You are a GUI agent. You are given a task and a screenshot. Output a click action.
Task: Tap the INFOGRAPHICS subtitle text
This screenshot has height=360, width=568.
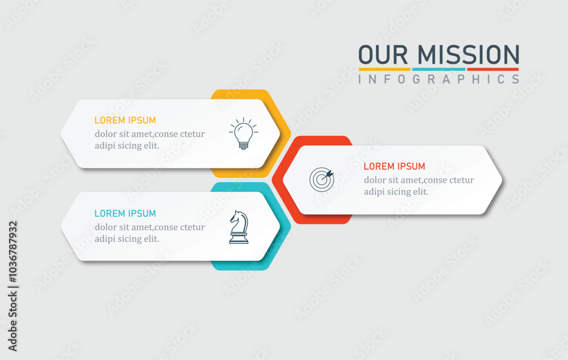click(438, 79)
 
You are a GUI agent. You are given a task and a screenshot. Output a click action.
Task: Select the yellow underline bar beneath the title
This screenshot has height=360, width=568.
click(385, 69)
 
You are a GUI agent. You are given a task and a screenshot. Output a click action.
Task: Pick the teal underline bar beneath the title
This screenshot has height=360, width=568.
click(438, 69)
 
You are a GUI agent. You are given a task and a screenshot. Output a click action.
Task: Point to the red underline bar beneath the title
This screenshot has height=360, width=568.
click(493, 69)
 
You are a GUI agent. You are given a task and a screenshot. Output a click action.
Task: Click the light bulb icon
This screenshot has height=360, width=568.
click(244, 133)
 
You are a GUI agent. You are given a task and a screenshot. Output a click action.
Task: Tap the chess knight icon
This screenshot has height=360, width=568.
click(239, 227)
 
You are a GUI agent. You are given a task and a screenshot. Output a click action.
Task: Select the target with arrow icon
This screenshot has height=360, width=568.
click(321, 179)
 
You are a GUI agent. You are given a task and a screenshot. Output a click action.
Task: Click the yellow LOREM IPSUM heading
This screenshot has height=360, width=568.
click(125, 120)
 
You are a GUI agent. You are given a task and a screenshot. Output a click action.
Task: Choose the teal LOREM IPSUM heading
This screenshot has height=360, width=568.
click(125, 214)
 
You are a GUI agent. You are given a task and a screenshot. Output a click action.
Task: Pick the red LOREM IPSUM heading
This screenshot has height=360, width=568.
click(394, 166)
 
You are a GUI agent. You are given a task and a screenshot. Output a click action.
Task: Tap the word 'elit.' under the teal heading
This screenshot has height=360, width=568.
click(152, 238)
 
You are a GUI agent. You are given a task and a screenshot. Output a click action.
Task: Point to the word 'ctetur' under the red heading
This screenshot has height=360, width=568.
click(461, 181)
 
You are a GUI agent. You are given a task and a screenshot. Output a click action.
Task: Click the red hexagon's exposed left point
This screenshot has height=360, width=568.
click(273, 179)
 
